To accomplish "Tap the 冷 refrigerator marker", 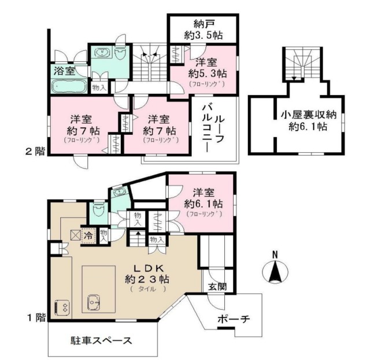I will point(88,235).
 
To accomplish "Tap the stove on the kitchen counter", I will point(61,305).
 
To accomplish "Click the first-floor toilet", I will point(99,210).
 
